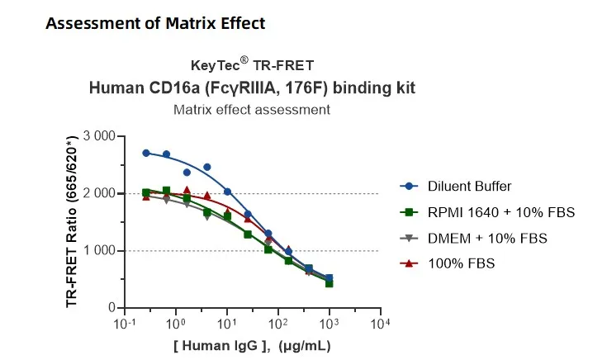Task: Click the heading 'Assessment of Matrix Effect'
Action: pyautogui.click(x=155, y=23)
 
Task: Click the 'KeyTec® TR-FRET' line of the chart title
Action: pyautogui.click(x=252, y=65)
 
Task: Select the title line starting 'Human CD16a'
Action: pyautogui.click(x=252, y=87)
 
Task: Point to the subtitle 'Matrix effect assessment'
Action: pyautogui.click(x=252, y=109)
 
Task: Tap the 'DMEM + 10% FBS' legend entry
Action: pyautogui.click(x=476, y=238)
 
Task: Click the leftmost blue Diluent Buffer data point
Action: pyautogui.click(x=146, y=153)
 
